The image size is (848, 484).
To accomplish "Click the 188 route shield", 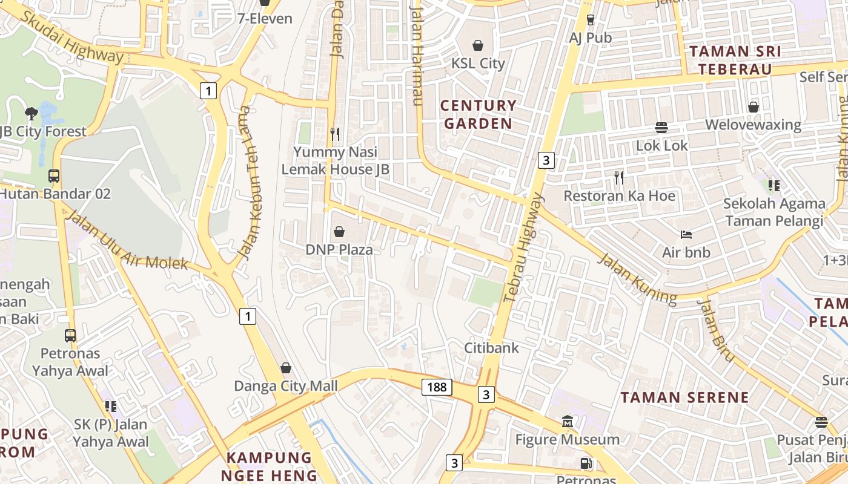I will tap(437, 387).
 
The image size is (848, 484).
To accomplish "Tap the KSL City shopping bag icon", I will tap(478, 45).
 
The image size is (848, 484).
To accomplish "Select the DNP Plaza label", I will tap(339, 249).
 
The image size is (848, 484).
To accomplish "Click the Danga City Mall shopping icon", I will tap(285, 368).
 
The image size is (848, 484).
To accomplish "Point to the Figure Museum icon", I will tap(568, 421).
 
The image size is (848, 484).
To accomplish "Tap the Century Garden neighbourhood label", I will tap(479, 114).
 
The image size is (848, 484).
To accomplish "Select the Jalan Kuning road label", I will tap(637, 278).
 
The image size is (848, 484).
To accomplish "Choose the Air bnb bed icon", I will tap(686, 234).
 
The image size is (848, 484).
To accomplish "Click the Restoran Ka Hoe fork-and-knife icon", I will tap(618, 177).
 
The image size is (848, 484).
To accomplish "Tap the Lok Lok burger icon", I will tap(661, 128).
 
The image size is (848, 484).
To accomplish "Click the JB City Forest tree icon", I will tap(31, 113).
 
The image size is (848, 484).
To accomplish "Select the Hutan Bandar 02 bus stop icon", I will tap(54, 176).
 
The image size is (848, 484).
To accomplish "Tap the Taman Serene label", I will tap(684, 397).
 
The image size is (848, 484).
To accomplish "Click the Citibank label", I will tap(491, 348).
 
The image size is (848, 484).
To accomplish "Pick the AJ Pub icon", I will tap(591, 20).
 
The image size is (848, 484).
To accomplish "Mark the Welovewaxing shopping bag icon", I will tap(753, 107).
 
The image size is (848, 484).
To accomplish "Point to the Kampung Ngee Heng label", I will tap(269, 466).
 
